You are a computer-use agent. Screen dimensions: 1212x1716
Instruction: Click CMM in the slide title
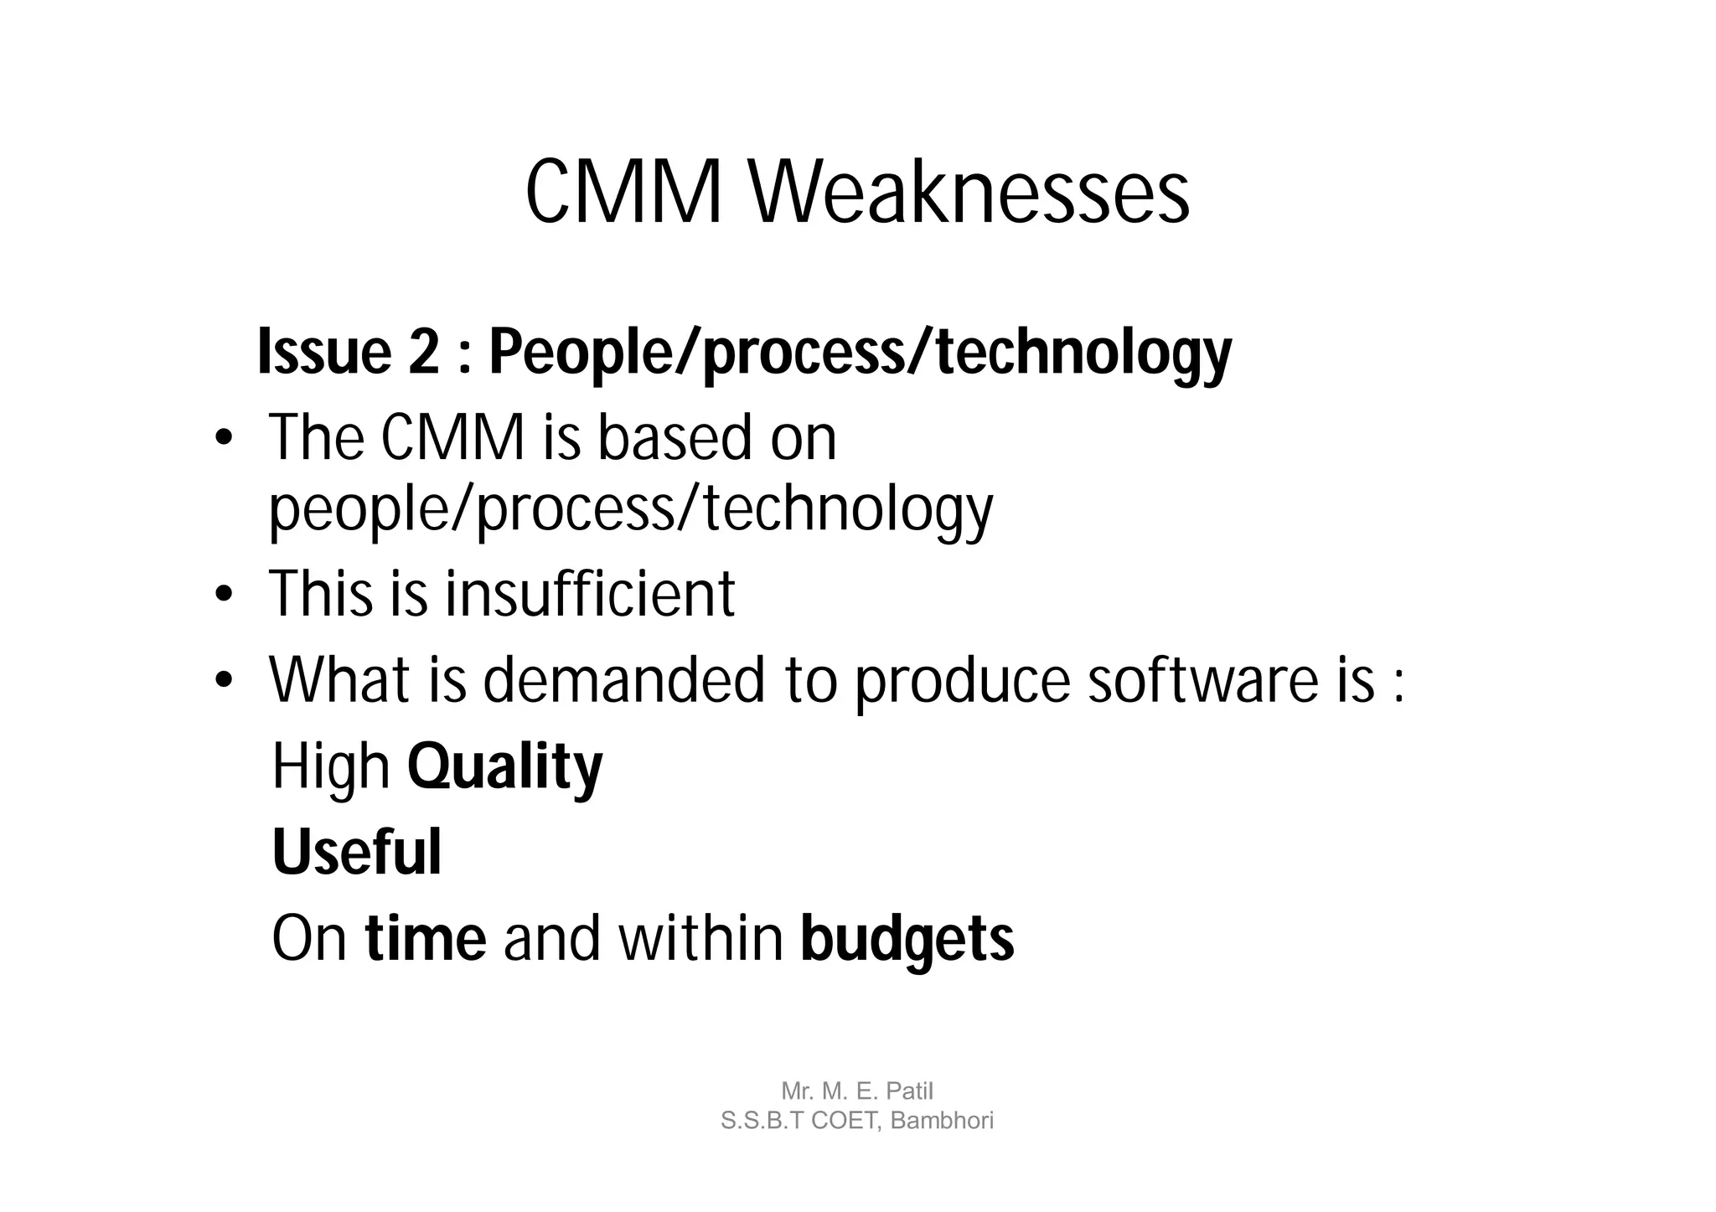[623, 193]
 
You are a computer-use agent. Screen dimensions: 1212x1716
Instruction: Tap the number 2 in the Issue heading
[424, 352]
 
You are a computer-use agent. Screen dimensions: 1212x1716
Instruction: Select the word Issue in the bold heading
[324, 352]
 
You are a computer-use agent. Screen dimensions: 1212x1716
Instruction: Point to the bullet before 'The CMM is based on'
[222, 440]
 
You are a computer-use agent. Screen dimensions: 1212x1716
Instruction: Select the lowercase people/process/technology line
[630, 509]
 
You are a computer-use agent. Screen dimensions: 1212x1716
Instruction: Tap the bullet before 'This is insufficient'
[222, 595]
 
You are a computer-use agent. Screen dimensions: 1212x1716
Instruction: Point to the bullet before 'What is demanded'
[222, 680]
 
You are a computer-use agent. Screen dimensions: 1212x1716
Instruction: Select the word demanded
[623, 679]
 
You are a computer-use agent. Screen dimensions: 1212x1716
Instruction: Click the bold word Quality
[504, 768]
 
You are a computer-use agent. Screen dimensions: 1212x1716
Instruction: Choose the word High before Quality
[331, 768]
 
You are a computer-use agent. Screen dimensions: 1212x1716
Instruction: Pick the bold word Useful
[357, 853]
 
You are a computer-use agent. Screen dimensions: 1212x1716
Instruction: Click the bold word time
[426, 939]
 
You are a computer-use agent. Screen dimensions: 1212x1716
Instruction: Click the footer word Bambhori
[942, 1121]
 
